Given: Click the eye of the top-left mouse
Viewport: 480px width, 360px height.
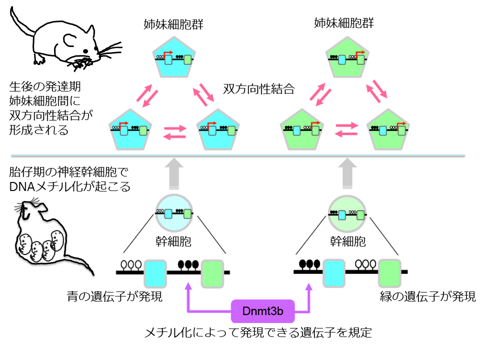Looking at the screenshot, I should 86,51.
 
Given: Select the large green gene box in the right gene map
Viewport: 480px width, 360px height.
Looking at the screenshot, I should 389,272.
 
